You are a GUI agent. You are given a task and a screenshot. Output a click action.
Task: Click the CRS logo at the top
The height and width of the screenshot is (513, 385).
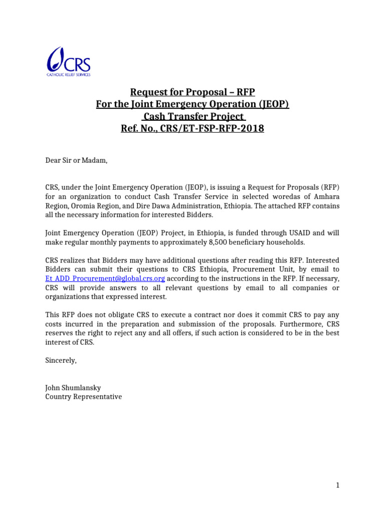[x=68, y=62]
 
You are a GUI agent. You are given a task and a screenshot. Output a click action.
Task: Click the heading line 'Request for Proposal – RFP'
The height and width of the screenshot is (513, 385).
[x=192, y=92]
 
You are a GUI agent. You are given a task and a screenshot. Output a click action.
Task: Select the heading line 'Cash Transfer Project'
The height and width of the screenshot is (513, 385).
[x=192, y=116]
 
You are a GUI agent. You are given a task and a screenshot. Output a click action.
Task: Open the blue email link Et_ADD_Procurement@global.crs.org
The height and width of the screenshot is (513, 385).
[x=105, y=278]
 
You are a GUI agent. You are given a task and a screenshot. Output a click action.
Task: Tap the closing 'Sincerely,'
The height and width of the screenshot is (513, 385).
[x=61, y=360]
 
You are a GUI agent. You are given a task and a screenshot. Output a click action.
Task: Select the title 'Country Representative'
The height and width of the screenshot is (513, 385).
[x=83, y=397]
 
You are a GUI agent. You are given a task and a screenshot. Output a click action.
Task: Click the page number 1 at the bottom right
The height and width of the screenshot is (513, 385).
[x=338, y=485]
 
